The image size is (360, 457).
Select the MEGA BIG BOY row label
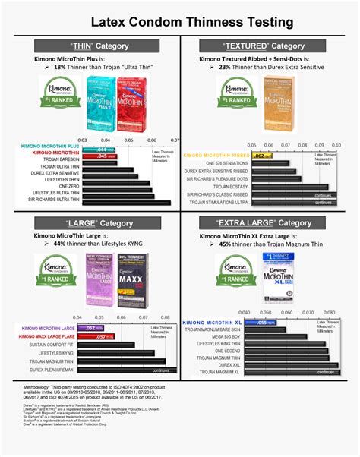(226, 336)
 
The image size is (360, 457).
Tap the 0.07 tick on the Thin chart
(175, 140)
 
